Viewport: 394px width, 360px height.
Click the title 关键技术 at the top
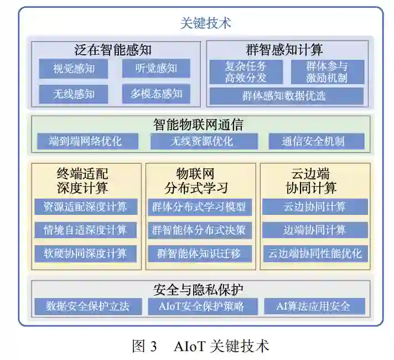205,23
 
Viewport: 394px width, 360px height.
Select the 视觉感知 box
74,69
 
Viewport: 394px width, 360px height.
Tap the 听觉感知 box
156,69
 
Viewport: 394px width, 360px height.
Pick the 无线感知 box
74,94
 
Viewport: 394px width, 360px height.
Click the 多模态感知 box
156,94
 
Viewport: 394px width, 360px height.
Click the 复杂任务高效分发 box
246,72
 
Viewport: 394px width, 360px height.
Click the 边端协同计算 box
314,230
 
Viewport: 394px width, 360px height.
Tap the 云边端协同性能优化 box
314,254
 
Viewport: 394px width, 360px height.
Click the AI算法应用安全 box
314,306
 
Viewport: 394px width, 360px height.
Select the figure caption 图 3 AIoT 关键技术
200,346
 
